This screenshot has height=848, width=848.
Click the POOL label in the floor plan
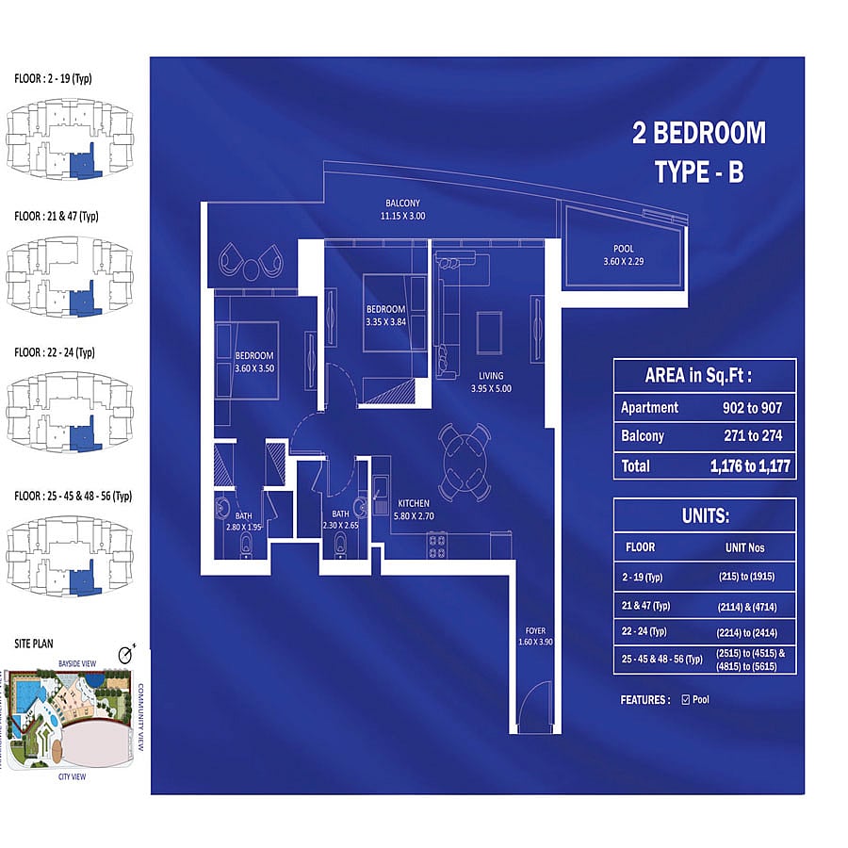623,249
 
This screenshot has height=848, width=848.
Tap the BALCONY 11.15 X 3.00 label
402,209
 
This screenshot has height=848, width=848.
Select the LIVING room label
491,375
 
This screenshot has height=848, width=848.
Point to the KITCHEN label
414,503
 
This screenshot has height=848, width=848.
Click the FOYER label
535,630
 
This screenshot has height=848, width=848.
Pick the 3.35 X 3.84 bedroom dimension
385,322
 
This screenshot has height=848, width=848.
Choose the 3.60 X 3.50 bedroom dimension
254,368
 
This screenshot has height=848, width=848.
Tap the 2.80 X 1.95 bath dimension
243,527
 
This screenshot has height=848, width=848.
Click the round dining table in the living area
465,463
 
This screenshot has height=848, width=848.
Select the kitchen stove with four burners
436,546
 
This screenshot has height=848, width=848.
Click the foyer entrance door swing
535,704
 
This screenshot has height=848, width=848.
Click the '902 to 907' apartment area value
752,408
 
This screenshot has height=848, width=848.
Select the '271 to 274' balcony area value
753,435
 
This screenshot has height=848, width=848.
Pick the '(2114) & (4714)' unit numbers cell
747,607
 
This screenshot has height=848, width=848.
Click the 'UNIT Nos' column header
744,547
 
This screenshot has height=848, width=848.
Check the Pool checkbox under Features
686,699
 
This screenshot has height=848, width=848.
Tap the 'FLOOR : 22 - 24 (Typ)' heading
55,352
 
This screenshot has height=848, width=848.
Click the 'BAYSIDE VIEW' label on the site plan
77,663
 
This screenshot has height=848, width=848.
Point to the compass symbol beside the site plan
126,654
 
